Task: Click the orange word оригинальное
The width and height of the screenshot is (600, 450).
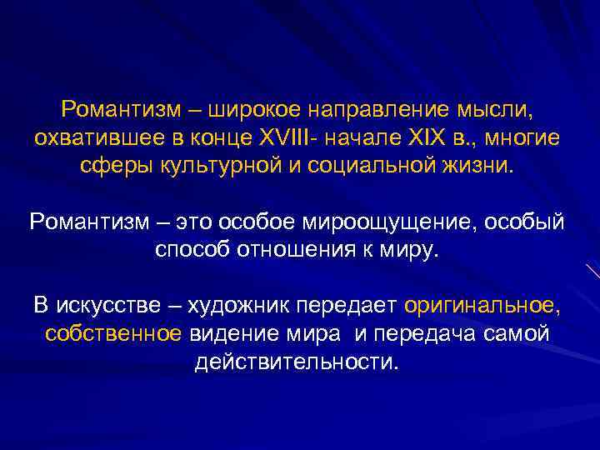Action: click(x=482, y=306)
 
